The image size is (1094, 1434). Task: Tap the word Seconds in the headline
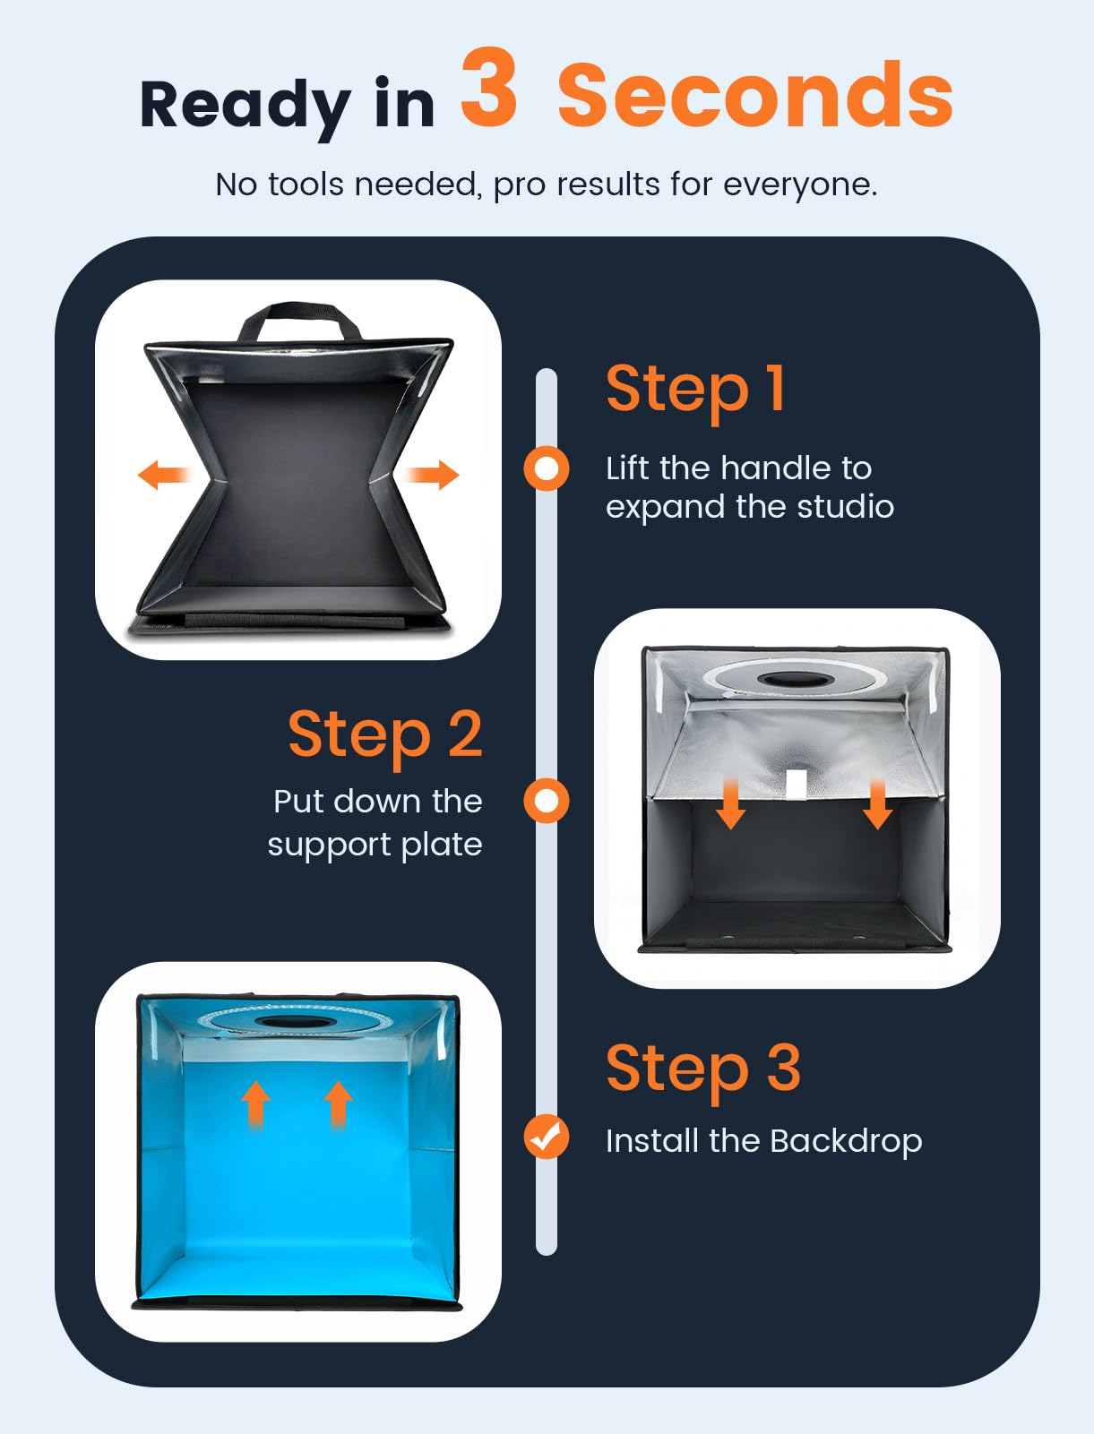pos(754,95)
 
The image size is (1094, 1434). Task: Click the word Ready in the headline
pos(246,105)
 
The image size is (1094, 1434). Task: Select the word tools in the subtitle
pos(306,185)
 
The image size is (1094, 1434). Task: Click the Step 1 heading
pos(695,391)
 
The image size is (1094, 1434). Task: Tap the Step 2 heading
pos(385,736)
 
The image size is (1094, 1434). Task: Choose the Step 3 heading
pos(703,1069)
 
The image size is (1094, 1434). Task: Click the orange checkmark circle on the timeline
pos(547,1137)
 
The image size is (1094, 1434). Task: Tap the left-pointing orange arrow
pos(164,475)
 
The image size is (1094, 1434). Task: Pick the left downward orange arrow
pos(730,803)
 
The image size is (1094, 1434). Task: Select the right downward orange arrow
pos(878,803)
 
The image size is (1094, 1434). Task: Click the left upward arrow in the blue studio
pos(255,1104)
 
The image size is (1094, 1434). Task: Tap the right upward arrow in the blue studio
pos(338,1104)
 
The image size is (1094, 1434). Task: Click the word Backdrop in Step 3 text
pos(846,1142)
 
